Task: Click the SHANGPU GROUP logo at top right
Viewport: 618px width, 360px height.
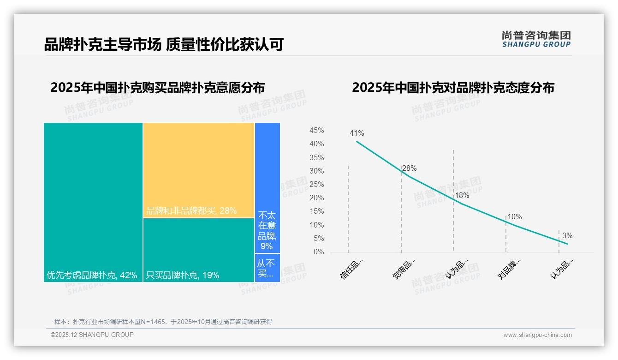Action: click(x=536, y=39)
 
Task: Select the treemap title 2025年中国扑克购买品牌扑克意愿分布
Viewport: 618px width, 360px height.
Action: click(x=157, y=88)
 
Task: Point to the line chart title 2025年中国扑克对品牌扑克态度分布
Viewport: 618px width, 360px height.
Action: click(x=453, y=88)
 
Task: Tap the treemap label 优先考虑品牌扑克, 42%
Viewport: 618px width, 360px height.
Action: click(x=92, y=275)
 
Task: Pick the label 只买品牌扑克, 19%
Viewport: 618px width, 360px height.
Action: click(x=183, y=275)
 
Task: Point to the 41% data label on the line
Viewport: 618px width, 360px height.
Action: click(x=357, y=133)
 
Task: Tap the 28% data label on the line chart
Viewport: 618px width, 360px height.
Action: click(x=409, y=168)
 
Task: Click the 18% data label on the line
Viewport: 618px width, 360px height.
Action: click(x=462, y=196)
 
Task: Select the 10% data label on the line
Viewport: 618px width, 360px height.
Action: click(x=514, y=217)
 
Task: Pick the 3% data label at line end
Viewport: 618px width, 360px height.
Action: click(x=567, y=235)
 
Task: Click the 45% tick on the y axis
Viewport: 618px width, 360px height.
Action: click(x=316, y=131)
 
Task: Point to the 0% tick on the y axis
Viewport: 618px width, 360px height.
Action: click(x=319, y=252)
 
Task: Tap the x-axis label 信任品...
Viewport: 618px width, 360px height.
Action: click(x=352, y=269)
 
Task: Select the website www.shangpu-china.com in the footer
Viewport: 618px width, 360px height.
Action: click(x=537, y=335)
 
